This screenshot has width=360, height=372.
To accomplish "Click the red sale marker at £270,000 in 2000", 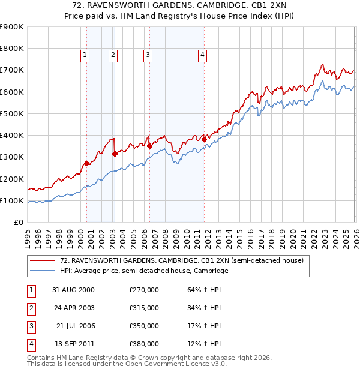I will click(87, 163).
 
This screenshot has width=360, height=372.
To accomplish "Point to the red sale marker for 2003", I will click(115, 154).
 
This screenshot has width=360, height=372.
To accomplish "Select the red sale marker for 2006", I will click(149, 146).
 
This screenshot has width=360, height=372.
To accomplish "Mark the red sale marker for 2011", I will click(204, 139).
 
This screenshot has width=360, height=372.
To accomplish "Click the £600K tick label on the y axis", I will click(12, 92).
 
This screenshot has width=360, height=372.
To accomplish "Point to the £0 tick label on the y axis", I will click(18, 222).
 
